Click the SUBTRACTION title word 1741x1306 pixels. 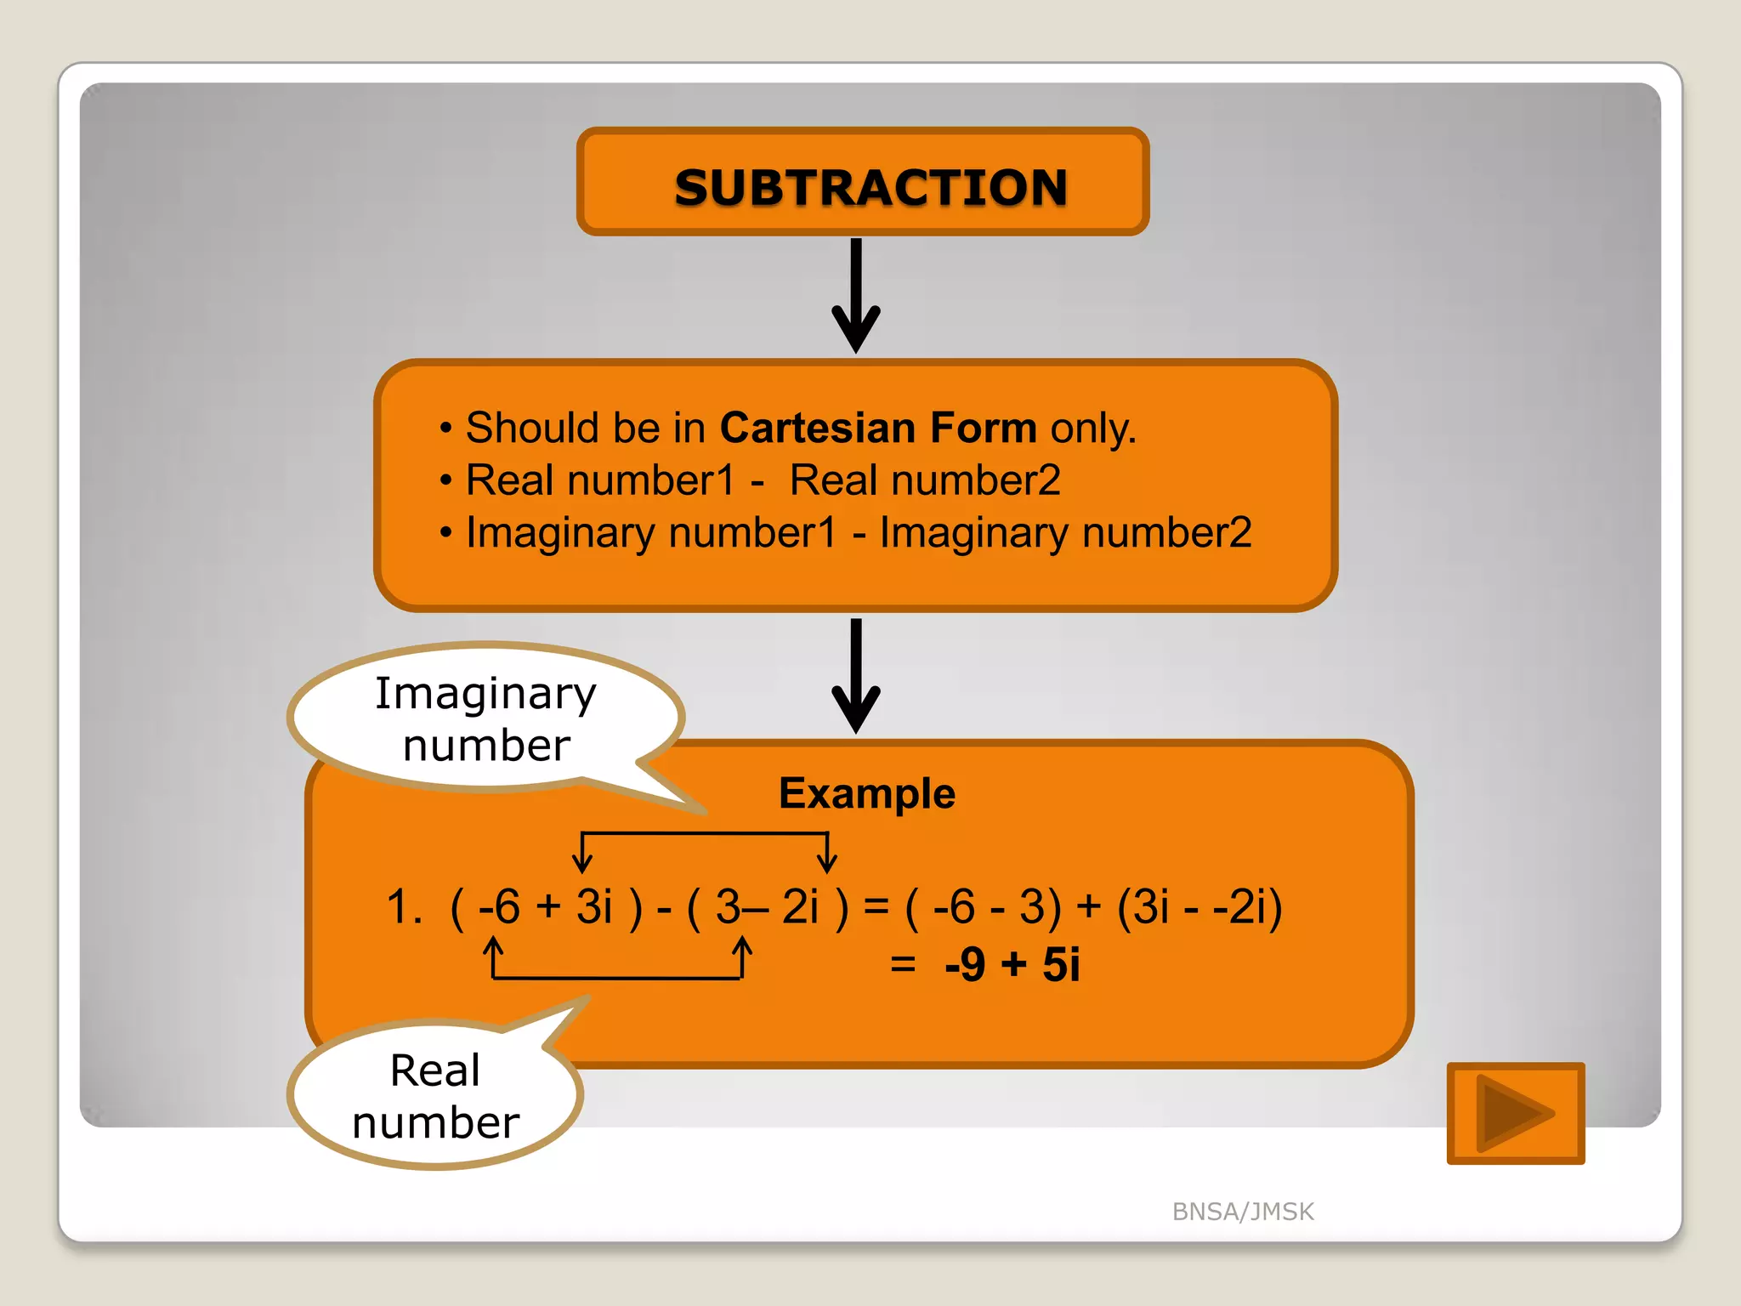[870, 187]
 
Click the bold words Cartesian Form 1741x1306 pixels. [878, 428]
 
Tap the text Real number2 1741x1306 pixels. [925, 480]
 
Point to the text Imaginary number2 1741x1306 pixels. [1065, 533]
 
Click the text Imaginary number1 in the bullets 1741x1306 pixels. [651, 533]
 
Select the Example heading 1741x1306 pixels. [867, 793]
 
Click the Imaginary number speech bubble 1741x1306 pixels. [486, 718]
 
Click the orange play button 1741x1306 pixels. [1516, 1112]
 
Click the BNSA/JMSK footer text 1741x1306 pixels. [1243, 1211]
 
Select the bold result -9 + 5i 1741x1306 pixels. [1012, 965]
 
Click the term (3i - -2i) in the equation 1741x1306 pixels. [1199, 906]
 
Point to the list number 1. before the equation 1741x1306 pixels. [404, 906]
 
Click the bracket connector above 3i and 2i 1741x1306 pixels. [704, 835]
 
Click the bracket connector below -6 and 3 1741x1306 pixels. [617, 978]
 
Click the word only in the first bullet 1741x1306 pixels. [1092, 428]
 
